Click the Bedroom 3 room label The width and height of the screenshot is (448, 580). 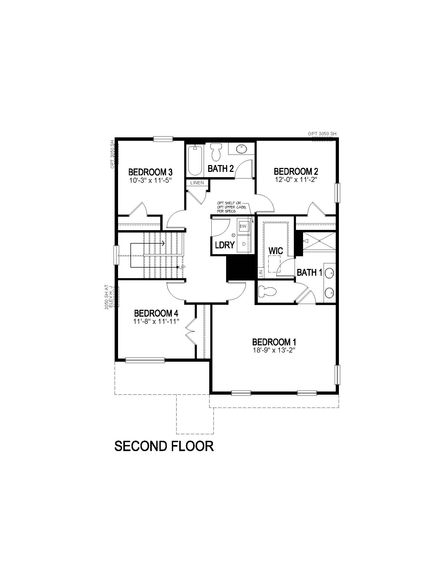point(150,172)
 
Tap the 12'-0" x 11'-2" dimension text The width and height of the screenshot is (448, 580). point(296,179)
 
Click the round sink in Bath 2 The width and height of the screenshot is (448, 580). point(241,149)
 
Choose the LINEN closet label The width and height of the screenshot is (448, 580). point(197,183)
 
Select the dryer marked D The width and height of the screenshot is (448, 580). point(244,244)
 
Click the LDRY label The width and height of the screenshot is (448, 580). point(225,245)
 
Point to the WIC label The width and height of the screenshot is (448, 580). point(275,250)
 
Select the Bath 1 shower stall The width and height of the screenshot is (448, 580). point(319,241)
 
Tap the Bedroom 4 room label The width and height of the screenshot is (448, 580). point(156,313)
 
